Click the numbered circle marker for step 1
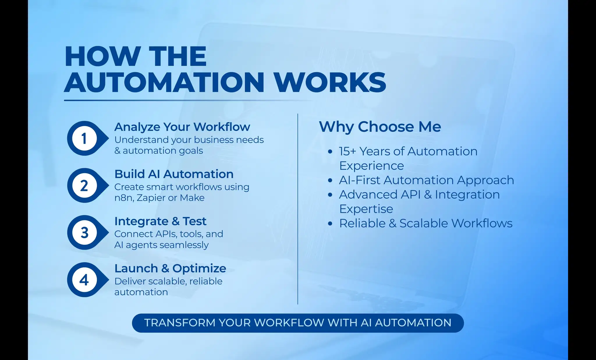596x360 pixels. tap(85, 138)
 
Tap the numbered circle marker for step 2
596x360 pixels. tap(85, 185)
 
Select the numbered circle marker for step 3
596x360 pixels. tap(85, 233)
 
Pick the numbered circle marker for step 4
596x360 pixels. tap(85, 280)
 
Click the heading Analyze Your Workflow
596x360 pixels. tap(182, 127)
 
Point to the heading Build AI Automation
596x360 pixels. tap(174, 174)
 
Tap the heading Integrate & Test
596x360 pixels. tap(160, 221)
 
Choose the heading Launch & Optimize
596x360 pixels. tap(170, 268)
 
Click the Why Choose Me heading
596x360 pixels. tap(380, 127)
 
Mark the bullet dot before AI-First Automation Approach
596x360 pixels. tap(330, 180)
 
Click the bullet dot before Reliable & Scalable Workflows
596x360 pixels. tap(330, 224)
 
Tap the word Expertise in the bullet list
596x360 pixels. tap(366, 209)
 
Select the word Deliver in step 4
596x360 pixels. tap(130, 281)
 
